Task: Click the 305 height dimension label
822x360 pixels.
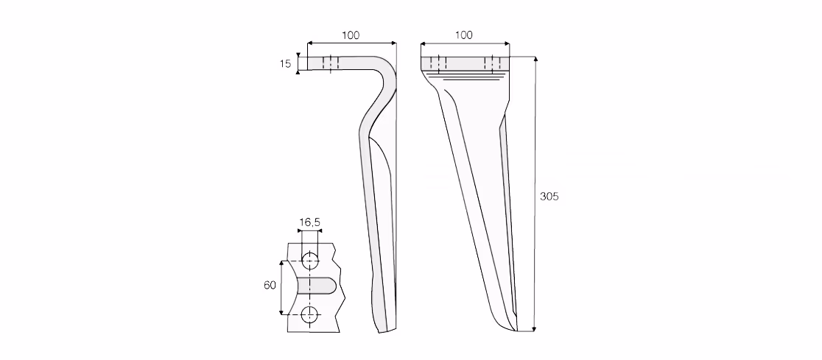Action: pyautogui.click(x=549, y=197)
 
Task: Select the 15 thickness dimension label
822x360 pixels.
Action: pyautogui.click(x=285, y=64)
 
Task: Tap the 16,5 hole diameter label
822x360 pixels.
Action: pyautogui.click(x=310, y=223)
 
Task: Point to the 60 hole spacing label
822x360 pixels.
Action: pyautogui.click(x=270, y=285)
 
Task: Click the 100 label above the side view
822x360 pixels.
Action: pyautogui.click(x=351, y=35)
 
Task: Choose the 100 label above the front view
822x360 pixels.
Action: pyautogui.click(x=463, y=35)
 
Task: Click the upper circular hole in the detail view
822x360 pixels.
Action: pyautogui.click(x=310, y=261)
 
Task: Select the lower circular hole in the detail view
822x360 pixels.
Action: pyautogui.click(x=310, y=315)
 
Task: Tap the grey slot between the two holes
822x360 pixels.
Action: pyautogui.click(x=317, y=286)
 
